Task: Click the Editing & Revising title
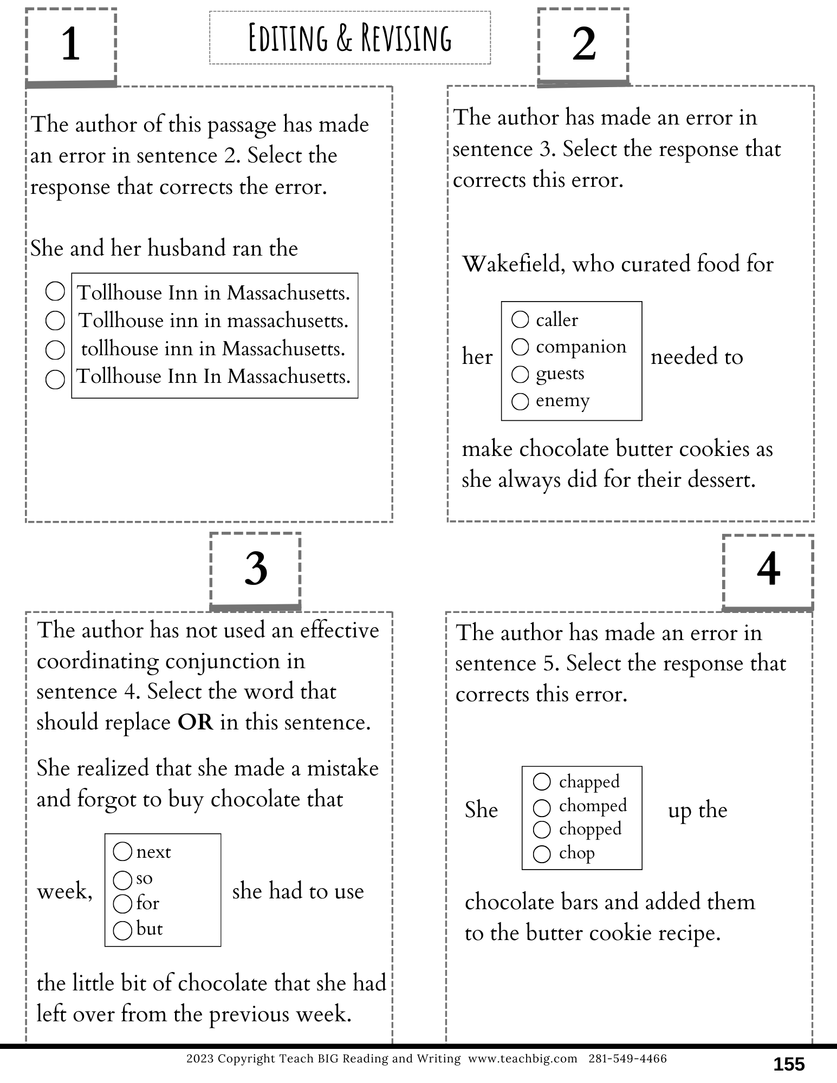tap(349, 38)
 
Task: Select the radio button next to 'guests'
tap(520, 374)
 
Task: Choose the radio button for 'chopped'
tap(542, 830)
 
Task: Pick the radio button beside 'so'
tap(123, 880)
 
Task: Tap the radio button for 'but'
tap(123, 930)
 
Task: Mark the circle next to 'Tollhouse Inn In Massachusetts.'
tap(55, 379)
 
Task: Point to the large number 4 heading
tap(768, 570)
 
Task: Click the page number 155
tap(789, 1065)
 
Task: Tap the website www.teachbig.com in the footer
tap(523, 1059)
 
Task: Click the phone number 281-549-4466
tap(627, 1059)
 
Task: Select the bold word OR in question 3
tap(196, 722)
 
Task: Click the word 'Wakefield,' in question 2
tap(513, 264)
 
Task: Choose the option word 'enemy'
tap(562, 401)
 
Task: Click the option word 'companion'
tap(581, 347)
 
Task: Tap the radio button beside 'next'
tap(123, 852)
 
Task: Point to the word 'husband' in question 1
tap(187, 249)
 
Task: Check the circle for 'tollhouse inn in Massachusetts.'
tap(55, 350)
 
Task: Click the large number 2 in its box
tap(583, 44)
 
